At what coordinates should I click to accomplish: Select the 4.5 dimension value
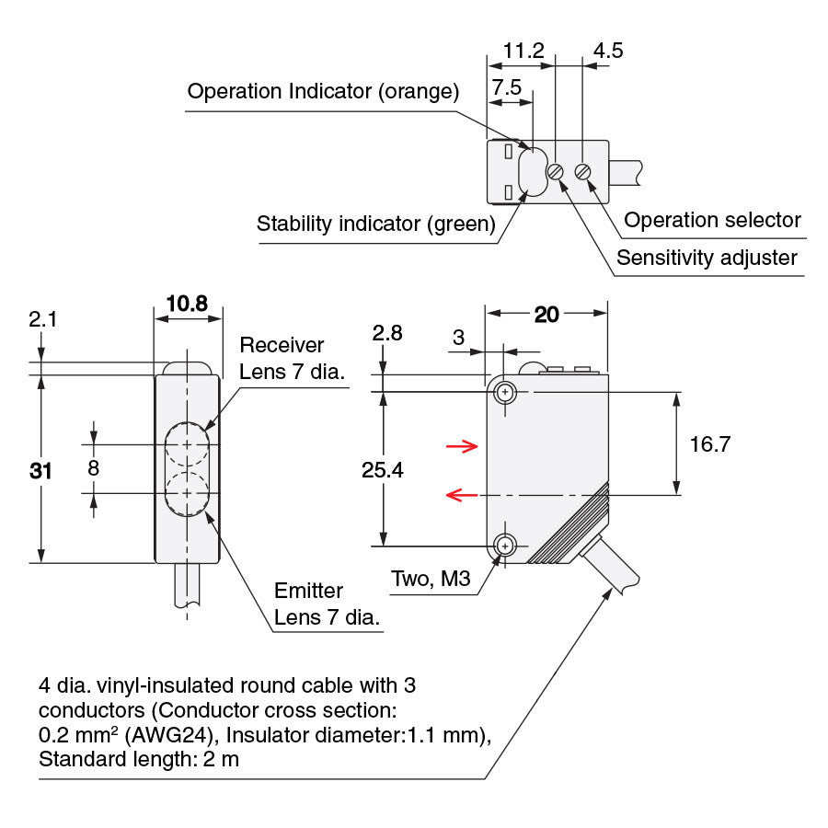pyautogui.click(x=607, y=50)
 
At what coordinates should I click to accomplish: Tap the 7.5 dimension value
pyautogui.click(x=508, y=87)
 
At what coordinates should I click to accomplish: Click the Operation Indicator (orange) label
pyautogui.click(x=322, y=91)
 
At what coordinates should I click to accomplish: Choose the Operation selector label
pyautogui.click(x=712, y=220)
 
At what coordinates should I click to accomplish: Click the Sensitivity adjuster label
pyautogui.click(x=707, y=258)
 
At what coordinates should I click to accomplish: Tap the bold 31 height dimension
pyautogui.click(x=40, y=470)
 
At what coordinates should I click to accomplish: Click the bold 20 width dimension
pyautogui.click(x=546, y=315)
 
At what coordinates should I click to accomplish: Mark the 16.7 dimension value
pyautogui.click(x=709, y=444)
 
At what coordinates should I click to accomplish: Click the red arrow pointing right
pyautogui.click(x=462, y=447)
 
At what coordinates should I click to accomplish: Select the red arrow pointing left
pyautogui.click(x=462, y=496)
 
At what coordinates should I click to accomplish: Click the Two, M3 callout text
pyautogui.click(x=431, y=580)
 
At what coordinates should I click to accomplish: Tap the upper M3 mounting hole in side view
pyautogui.click(x=504, y=393)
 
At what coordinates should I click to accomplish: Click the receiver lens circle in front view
pyautogui.click(x=188, y=444)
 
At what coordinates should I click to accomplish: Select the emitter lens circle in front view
pyautogui.click(x=188, y=494)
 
